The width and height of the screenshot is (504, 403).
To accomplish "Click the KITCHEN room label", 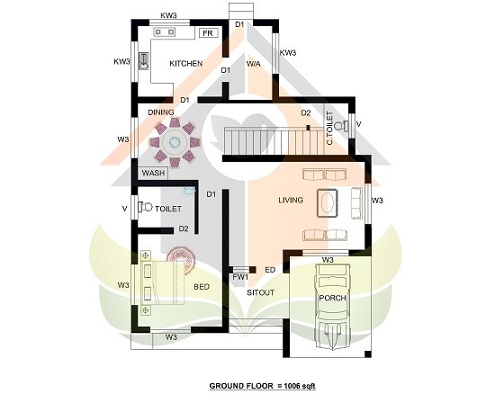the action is pyautogui.click(x=186, y=63).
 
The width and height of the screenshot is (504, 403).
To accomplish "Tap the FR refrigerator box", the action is pyautogui.click(x=208, y=33).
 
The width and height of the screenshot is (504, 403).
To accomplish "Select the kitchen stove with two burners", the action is pyautogui.click(x=164, y=31).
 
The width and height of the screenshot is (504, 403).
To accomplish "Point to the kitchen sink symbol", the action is pyautogui.click(x=144, y=61).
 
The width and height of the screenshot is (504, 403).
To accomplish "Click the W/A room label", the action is pyautogui.click(x=254, y=64).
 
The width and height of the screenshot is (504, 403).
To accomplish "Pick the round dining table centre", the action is pyautogui.click(x=175, y=142).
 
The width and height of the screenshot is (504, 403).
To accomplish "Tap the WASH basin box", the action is pyautogui.click(x=153, y=173).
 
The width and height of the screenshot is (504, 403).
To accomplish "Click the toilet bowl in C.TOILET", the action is pyautogui.click(x=341, y=125).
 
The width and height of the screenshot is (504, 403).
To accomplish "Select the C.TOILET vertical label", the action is pyautogui.click(x=329, y=128).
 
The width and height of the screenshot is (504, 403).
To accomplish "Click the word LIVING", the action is pyautogui.click(x=291, y=200).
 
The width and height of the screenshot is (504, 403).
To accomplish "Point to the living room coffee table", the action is pyautogui.click(x=328, y=203).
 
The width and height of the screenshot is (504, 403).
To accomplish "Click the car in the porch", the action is pyautogui.click(x=332, y=306).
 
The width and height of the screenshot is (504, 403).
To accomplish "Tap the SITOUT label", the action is pyautogui.click(x=261, y=292).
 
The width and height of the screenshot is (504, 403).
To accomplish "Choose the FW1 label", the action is pyautogui.click(x=240, y=277).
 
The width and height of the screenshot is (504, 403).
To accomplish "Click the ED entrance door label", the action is pyautogui.click(x=270, y=270).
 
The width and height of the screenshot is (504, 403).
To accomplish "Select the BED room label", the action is pyautogui.click(x=202, y=287).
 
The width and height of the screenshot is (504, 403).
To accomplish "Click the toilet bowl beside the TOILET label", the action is pyautogui.click(x=145, y=207).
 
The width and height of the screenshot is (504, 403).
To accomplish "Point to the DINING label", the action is pyautogui.click(x=161, y=112).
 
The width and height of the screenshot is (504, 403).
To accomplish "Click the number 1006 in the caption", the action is pyautogui.click(x=292, y=386).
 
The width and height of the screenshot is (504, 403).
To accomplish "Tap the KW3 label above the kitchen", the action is pyautogui.click(x=169, y=15).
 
